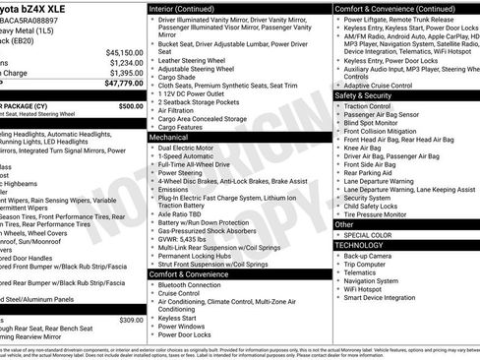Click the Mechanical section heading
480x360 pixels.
170,139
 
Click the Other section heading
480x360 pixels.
344,224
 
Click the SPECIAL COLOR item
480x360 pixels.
369,234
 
